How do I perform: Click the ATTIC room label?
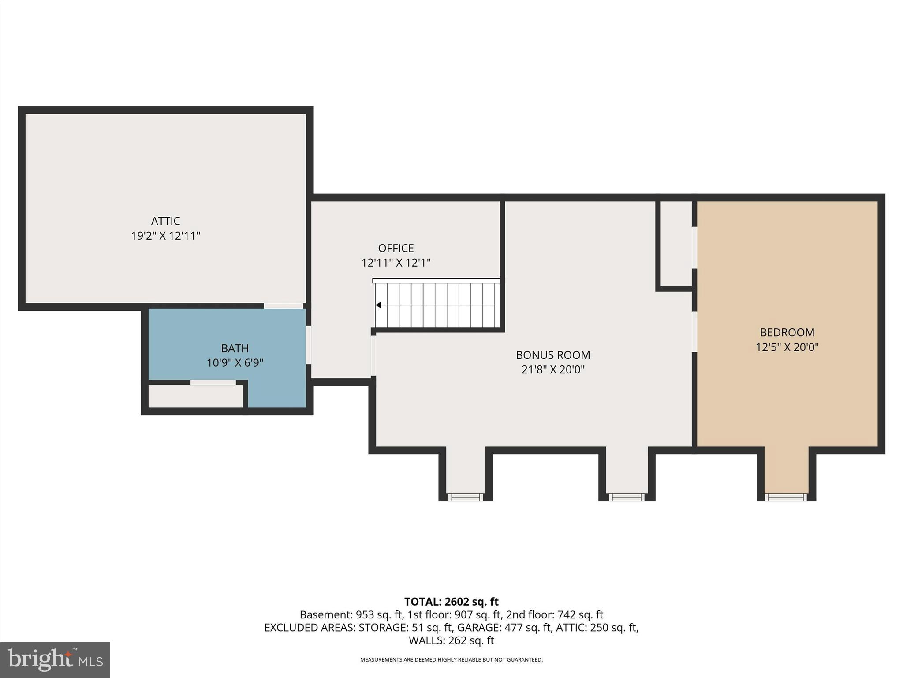click(x=165, y=221)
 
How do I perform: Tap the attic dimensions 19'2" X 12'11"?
click(x=165, y=236)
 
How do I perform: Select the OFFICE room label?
click(x=396, y=248)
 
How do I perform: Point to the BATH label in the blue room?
click(x=235, y=348)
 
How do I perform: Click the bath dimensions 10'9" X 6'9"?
click(x=235, y=363)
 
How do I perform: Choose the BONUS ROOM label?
click(x=553, y=355)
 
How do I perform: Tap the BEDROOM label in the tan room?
click(x=787, y=332)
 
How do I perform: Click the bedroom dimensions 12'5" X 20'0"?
click(x=787, y=347)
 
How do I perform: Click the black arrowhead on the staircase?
click(x=378, y=305)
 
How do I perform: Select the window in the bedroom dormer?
click(x=786, y=497)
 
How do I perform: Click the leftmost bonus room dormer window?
click(x=466, y=497)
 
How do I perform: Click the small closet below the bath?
click(x=195, y=396)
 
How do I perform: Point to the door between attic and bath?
click(x=283, y=305)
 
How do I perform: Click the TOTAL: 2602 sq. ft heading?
click(x=451, y=602)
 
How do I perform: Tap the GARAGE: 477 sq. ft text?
click(x=504, y=628)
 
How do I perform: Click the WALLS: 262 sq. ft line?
click(x=451, y=640)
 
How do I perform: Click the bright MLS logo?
click(x=55, y=660)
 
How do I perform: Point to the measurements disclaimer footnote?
click(x=451, y=660)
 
